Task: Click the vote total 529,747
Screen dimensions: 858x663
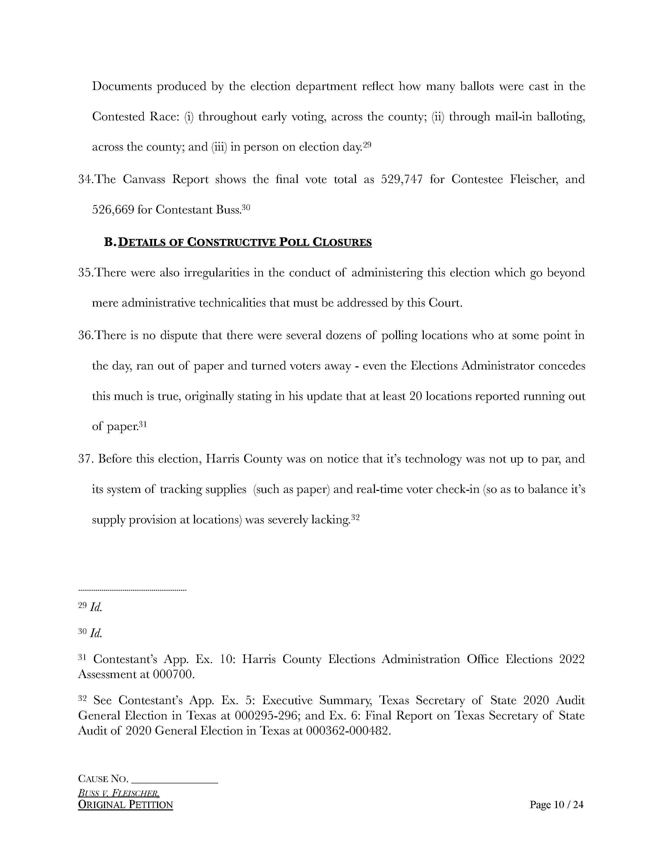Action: pos(402,180)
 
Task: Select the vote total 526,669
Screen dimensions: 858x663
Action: pos(112,210)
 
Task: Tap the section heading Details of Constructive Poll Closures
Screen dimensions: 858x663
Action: pos(245,242)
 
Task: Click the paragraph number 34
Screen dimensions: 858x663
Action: pos(85,180)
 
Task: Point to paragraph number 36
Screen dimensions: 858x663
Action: pos(85,335)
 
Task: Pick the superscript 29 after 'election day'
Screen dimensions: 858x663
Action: pos(367,145)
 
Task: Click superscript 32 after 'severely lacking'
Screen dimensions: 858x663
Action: pos(355,517)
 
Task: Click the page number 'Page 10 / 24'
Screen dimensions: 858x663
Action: pos(557,805)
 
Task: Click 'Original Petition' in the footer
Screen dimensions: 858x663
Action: pos(125,805)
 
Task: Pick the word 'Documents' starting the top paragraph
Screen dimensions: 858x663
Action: pos(122,86)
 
